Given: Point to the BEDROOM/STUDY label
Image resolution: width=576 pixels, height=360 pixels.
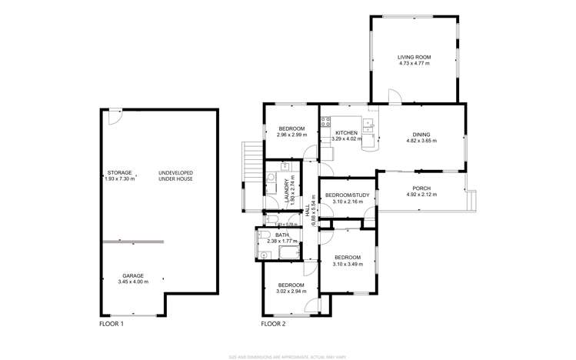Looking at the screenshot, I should point(348,195).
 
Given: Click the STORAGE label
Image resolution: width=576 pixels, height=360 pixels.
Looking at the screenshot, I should point(119,172).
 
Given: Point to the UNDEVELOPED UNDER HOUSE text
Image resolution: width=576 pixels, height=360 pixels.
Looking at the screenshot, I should point(175,175).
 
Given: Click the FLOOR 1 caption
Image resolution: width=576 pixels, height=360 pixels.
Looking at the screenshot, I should point(111,325).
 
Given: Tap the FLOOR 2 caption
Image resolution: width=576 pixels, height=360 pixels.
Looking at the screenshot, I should point(273,325).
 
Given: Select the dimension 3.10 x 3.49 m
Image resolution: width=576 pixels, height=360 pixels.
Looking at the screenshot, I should point(348,264).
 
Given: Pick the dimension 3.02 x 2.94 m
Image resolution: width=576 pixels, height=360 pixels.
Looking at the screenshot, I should point(291,292).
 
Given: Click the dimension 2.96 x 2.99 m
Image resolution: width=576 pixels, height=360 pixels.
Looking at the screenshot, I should point(291,135).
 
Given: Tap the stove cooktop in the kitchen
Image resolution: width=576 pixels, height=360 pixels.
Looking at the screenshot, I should point(325,121).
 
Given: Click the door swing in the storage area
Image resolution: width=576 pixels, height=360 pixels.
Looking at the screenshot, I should point(113,115).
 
